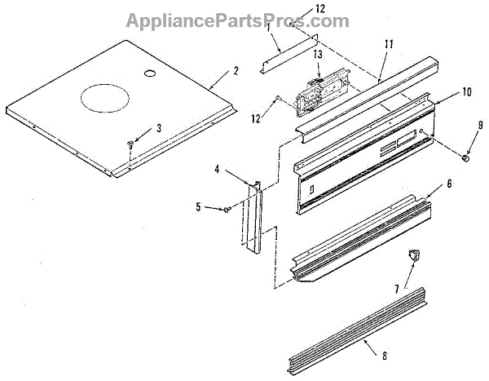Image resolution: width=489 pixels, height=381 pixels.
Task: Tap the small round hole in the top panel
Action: pyautogui.click(x=150, y=74)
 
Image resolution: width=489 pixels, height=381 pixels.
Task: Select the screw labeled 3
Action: pyautogui.click(x=130, y=144)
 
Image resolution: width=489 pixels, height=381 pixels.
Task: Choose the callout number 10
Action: pyautogui.click(x=466, y=92)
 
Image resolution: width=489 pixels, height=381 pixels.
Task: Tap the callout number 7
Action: pyautogui.click(x=397, y=288)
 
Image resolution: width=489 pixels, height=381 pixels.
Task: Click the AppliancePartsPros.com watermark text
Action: pyautogui.click(x=244, y=21)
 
